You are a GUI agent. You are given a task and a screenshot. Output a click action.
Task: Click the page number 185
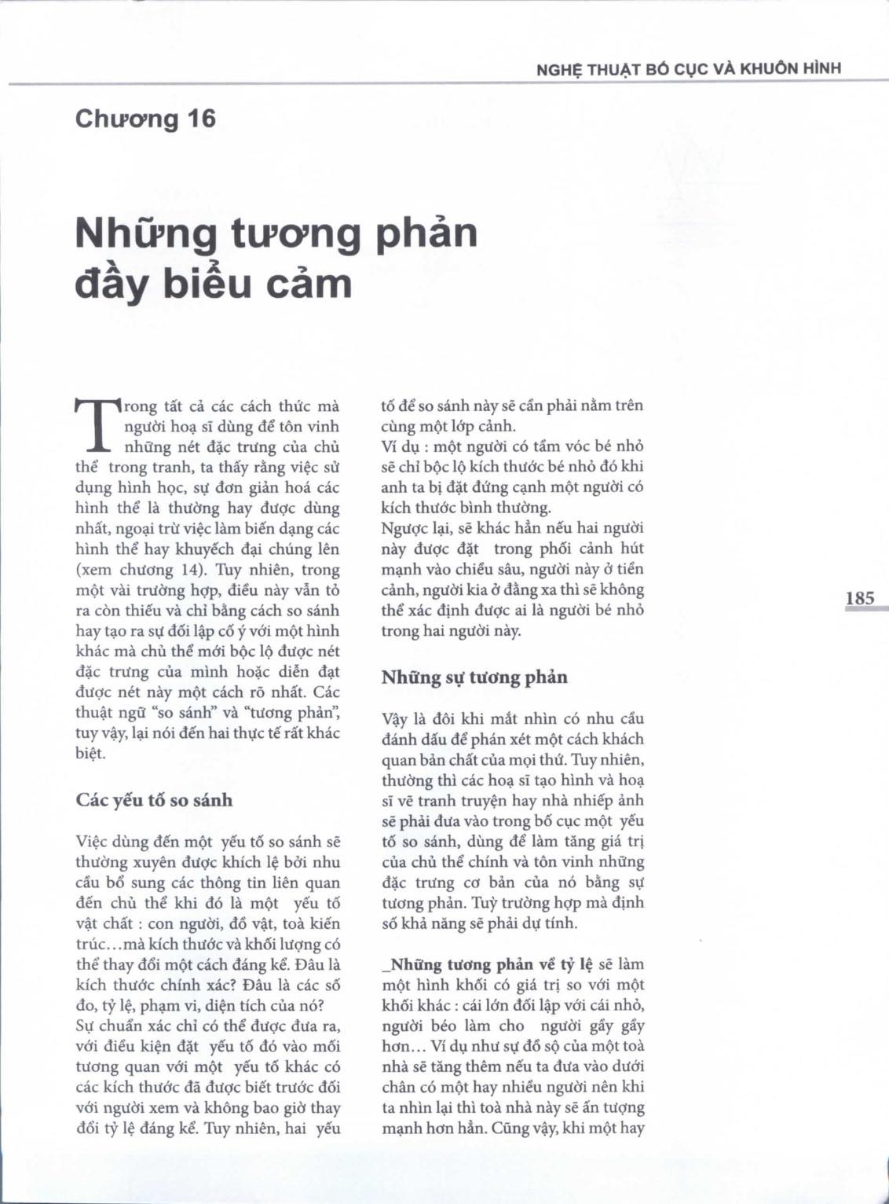tap(859, 598)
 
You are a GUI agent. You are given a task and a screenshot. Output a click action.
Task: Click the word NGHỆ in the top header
tap(558, 69)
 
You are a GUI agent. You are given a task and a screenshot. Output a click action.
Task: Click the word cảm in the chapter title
tap(309, 284)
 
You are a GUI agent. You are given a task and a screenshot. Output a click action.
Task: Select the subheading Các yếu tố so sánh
tap(154, 800)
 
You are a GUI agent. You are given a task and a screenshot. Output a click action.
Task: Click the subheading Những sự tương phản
tap(474, 677)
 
